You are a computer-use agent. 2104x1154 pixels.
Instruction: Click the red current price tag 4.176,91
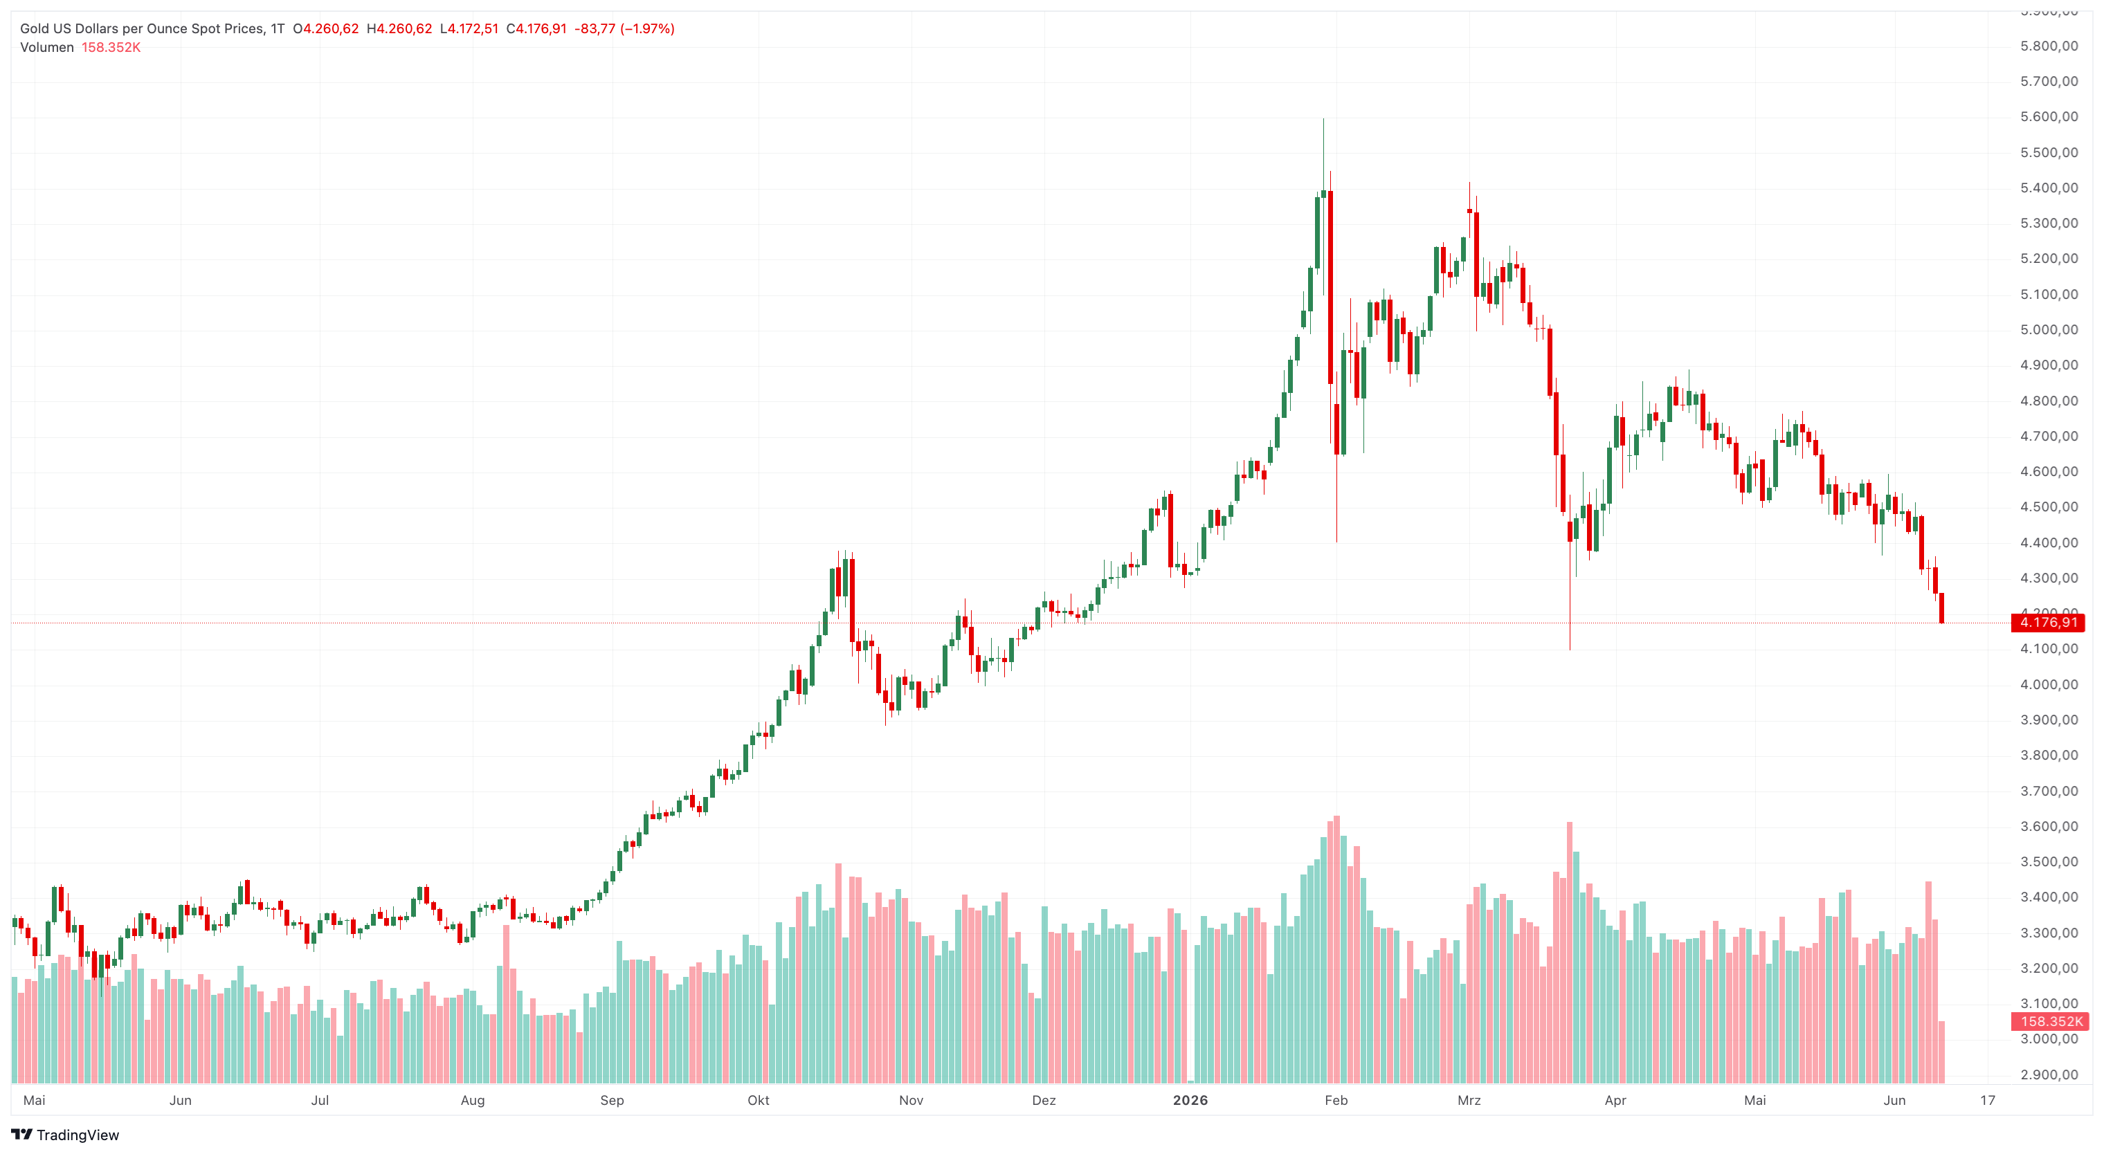(2048, 623)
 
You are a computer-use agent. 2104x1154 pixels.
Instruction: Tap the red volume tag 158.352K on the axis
(2050, 1021)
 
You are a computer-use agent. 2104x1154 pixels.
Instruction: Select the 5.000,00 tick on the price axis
(2049, 329)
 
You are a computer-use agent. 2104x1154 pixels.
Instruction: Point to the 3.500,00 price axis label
(2049, 861)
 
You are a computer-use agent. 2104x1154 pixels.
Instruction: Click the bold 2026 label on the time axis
(1190, 1100)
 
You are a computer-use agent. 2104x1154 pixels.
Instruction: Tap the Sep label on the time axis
(612, 1100)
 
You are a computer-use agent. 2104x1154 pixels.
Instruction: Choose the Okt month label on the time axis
(758, 1100)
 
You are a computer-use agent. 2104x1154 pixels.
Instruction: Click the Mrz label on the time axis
(1469, 1100)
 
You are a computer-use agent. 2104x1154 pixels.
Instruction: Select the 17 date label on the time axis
(1987, 1100)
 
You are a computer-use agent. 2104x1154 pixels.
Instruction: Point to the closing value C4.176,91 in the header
(536, 28)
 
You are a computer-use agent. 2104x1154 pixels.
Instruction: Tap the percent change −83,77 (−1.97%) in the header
(624, 28)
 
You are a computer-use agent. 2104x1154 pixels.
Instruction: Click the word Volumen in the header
(46, 47)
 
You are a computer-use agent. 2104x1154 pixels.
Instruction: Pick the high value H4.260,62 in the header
(399, 28)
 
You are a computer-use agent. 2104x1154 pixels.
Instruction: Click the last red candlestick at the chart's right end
(1941, 607)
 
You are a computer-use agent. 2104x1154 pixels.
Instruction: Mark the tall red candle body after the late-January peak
(1330, 286)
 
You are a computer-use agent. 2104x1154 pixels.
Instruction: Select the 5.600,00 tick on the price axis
(2049, 116)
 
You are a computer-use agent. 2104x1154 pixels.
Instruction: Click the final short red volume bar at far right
(1941, 1052)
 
